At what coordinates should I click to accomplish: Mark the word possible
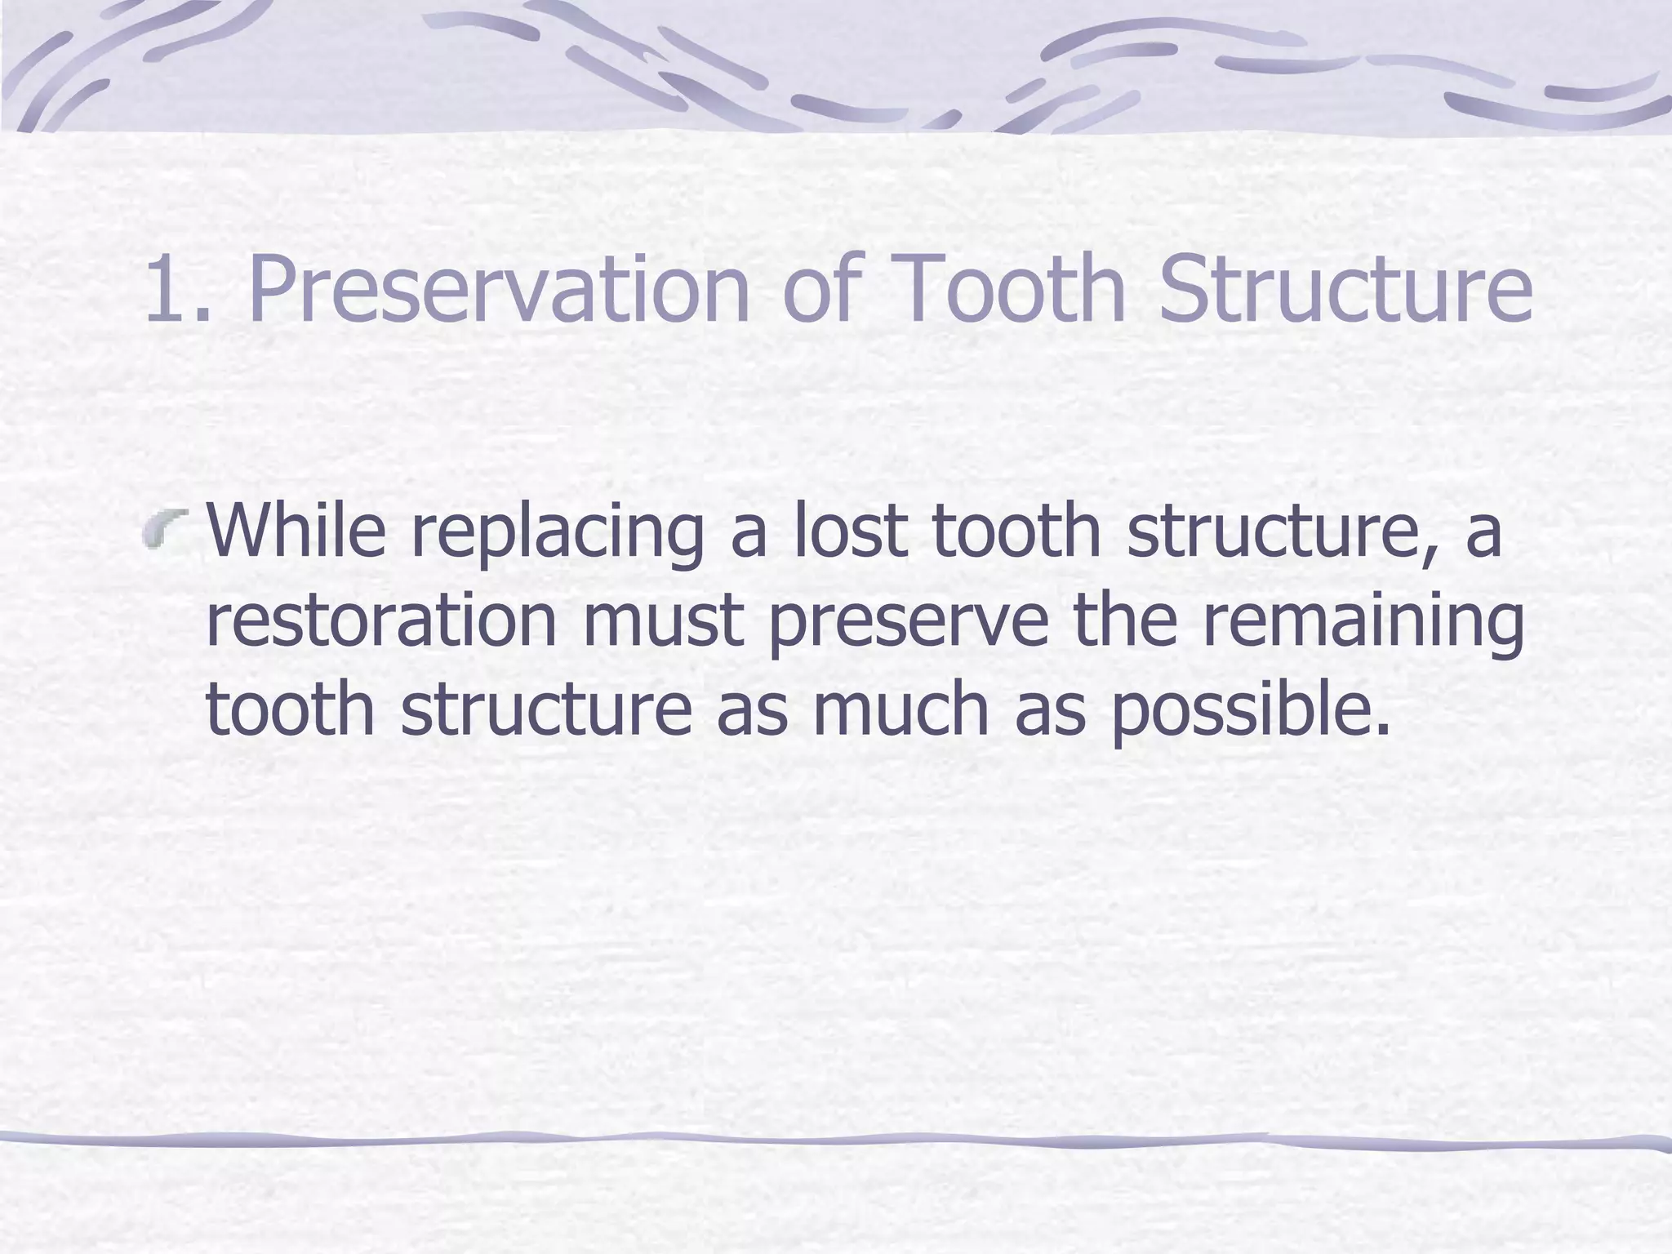[1249, 710]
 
